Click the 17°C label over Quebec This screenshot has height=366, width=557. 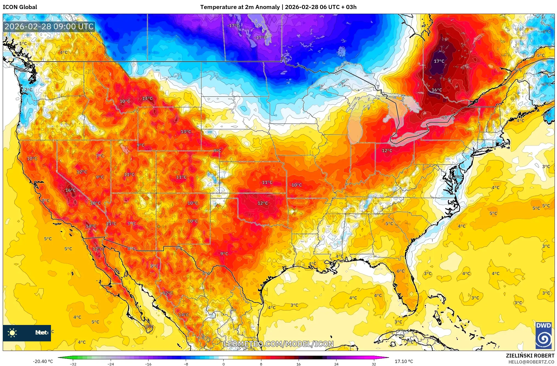click(439, 61)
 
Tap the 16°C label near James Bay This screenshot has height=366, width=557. click(437, 90)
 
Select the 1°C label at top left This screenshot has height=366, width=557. click(23, 43)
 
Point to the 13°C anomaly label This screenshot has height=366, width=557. click(186, 132)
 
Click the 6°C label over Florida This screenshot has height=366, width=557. click(401, 271)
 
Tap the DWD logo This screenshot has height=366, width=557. click(544, 336)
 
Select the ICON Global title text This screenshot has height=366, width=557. click(20, 7)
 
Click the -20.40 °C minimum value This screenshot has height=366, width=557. click(43, 361)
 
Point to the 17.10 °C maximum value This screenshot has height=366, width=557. click(404, 361)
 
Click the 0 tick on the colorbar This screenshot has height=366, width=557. click(224, 364)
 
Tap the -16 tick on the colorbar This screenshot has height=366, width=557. click(148, 364)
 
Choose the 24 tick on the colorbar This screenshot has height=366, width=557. click(336, 364)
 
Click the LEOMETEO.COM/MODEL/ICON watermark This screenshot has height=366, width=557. click(279, 344)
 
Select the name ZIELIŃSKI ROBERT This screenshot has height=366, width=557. click(530, 356)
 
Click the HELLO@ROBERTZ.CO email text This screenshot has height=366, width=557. click(531, 362)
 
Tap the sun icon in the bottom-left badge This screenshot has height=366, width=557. click(12, 333)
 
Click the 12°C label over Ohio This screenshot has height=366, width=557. click(387, 151)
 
